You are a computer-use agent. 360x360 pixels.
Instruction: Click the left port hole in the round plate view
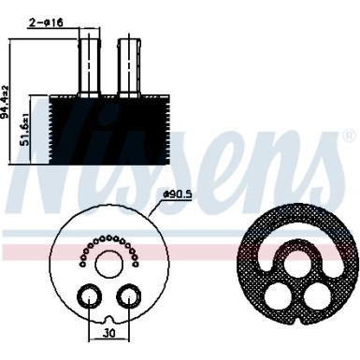click(90, 296)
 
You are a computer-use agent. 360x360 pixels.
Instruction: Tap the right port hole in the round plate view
click(127, 296)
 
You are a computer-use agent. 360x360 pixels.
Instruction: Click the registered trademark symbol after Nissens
click(350, 139)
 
